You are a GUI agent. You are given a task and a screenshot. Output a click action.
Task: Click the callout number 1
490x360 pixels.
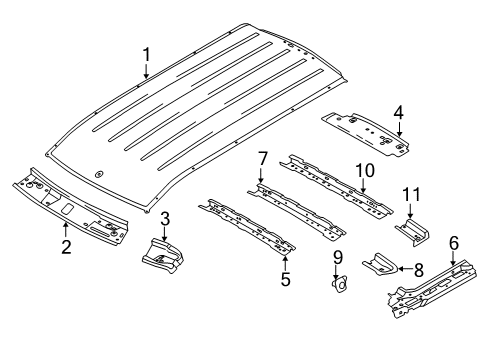146,54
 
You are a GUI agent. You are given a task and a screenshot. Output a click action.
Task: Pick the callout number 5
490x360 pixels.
285,281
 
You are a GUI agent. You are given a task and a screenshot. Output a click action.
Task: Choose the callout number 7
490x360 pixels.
262,157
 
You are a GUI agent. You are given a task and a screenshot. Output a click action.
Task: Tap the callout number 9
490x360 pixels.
338,257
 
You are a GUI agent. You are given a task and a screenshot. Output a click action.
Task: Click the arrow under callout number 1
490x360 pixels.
146,72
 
